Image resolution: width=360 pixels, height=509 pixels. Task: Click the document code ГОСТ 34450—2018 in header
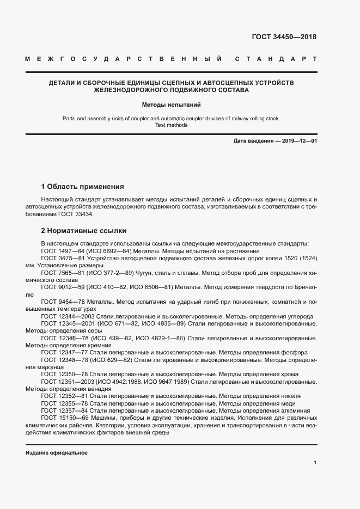point(284,37)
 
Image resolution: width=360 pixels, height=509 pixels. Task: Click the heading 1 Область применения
point(82,186)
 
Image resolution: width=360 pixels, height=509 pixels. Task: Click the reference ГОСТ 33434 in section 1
point(71,214)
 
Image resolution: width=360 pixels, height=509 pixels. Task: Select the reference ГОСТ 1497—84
point(63,250)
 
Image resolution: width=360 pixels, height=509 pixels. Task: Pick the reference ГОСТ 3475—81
point(63,258)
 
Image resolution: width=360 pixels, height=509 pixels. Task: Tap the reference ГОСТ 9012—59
point(63,286)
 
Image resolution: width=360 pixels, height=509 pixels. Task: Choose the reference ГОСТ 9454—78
point(63,301)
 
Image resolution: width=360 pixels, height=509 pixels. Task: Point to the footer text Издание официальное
point(57,453)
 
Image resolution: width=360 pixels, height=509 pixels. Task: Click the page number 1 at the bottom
point(315,462)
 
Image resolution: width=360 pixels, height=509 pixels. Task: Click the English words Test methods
point(172,125)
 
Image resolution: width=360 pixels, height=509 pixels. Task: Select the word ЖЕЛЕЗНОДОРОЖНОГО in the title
point(138,90)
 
